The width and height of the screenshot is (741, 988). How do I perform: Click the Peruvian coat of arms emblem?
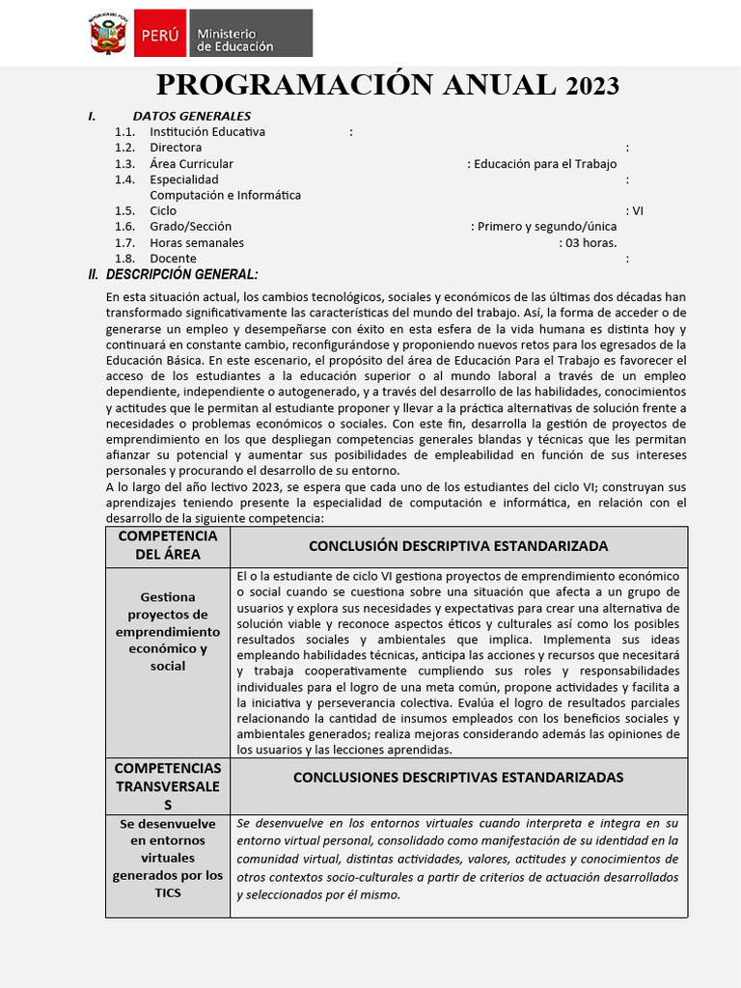pyautogui.click(x=108, y=34)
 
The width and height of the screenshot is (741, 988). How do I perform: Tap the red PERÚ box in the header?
pyautogui.click(x=159, y=35)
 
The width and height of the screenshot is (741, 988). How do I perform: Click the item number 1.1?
pyautogui.click(x=124, y=132)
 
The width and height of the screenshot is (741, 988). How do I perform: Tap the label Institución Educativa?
pyautogui.click(x=207, y=132)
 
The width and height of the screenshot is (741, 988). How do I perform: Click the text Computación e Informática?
pyautogui.click(x=225, y=195)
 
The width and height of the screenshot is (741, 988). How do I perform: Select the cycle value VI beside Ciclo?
pyautogui.click(x=638, y=211)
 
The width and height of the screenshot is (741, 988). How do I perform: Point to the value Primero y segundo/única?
pyautogui.click(x=545, y=227)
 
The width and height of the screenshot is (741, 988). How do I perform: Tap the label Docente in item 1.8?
pyautogui.click(x=173, y=259)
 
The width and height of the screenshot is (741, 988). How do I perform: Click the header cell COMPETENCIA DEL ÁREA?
pyautogui.click(x=168, y=545)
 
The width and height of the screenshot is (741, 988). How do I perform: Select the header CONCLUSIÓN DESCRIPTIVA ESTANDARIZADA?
pyautogui.click(x=458, y=546)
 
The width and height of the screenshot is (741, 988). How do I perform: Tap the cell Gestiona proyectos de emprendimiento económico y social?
pyautogui.click(x=168, y=632)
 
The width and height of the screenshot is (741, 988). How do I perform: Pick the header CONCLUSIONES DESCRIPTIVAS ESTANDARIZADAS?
pyautogui.click(x=458, y=778)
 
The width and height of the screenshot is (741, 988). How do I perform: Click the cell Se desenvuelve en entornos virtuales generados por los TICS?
pyautogui.click(x=168, y=858)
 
